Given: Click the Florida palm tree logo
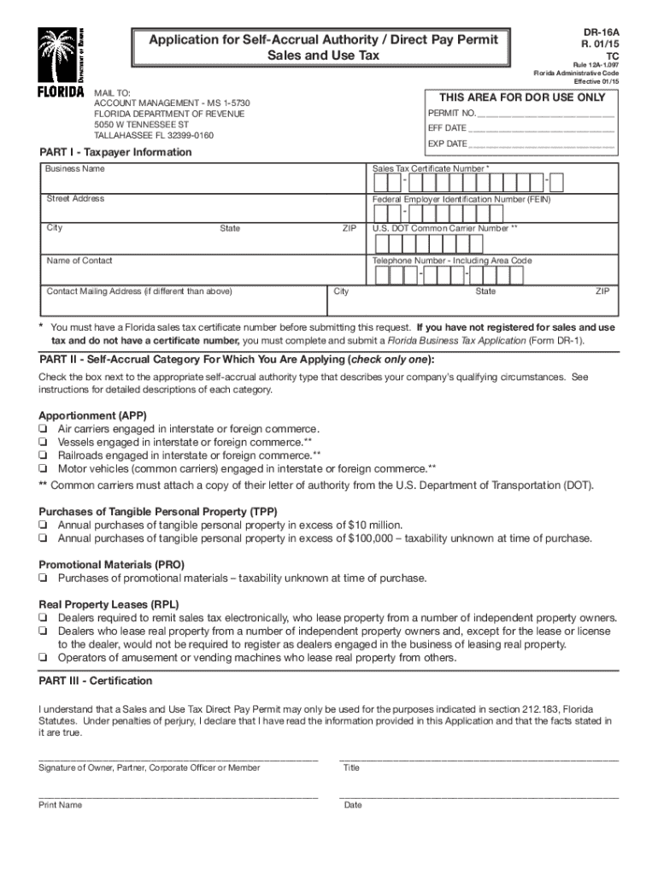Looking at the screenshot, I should (x=60, y=56).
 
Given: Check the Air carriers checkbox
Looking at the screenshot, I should (x=42, y=429).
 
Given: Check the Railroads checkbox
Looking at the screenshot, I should (x=42, y=455).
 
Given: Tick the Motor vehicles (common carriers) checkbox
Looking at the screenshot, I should (x=42, y=469).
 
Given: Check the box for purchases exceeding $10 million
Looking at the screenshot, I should (x=42, y=526).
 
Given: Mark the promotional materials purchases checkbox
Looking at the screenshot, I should (x=42, y=578).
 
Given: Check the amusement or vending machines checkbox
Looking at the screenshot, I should (x=42, y=658).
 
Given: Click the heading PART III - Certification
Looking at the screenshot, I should (x=96, y=681).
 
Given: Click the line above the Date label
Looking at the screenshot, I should (x=479, y=796).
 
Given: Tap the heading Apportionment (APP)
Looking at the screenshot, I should (x=91, y=415).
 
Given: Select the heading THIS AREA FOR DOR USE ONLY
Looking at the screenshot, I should (x=521, y=97).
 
